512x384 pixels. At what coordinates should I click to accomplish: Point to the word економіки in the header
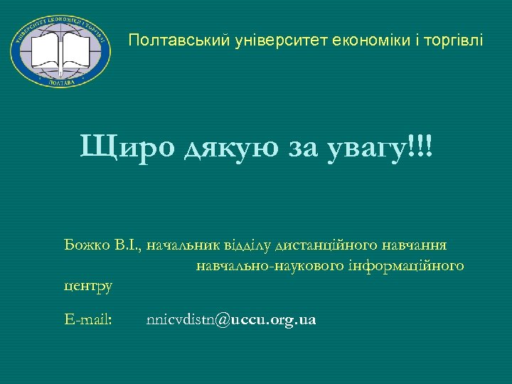coord(363,41)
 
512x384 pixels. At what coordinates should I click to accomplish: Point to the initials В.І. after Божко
coord(128,245)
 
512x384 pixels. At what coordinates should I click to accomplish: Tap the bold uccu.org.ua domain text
coord(272,320)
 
